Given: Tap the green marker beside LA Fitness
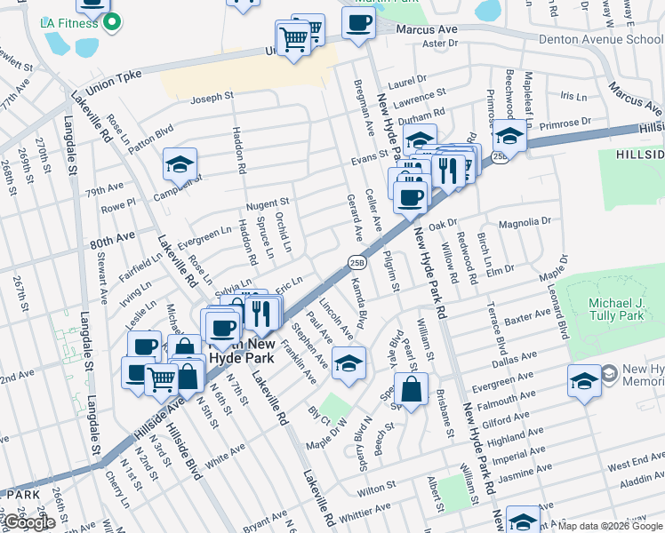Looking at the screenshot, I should (x=111, y=22).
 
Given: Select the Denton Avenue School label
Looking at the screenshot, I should (x=601, y=40).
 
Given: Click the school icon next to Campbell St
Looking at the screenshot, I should (x=179, y=165).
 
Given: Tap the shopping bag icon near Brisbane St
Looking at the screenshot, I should (x=413, y=390).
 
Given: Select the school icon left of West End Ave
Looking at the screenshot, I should (x=583, y=381).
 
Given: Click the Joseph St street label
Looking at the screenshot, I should (x=212, y=95).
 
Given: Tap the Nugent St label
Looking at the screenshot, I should (x=268, y=203).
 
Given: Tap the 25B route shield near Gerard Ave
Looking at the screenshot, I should (x=357, y=261).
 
